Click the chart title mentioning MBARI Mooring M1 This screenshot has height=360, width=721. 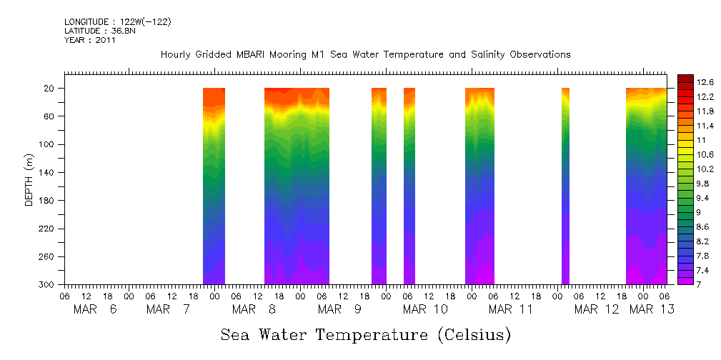click(365, 55)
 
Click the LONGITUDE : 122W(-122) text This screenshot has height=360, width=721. click(118, 22)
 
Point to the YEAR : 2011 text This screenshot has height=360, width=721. click(90, 41)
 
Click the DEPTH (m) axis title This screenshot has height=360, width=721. click(29, 179)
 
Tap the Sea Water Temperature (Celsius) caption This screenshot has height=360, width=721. click(366, 335)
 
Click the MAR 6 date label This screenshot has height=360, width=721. click(95, 309)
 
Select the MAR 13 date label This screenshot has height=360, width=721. click(650, 309)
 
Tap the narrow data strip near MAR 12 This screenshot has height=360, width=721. click(565, 186)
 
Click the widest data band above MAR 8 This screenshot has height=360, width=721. click(297, 186)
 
